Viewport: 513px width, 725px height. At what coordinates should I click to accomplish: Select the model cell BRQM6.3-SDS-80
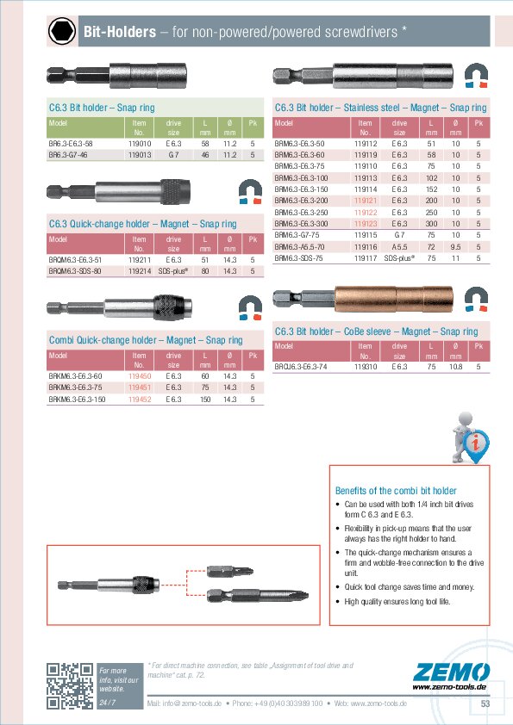[76, 270]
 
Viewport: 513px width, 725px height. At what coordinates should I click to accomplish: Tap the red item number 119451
[140, 387]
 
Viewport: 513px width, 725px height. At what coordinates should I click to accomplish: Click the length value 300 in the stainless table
[430, 223]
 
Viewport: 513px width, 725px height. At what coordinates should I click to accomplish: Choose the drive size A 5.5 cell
[399, 245]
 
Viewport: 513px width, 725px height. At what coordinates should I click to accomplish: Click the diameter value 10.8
[455, 366]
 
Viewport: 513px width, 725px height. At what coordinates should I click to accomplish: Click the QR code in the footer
[69, 685]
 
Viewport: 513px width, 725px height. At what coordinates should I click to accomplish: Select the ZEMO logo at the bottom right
[449, 673]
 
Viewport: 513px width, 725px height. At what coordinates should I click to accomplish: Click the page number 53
[485, 704]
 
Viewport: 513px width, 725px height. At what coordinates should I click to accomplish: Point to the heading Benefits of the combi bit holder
[395, 489]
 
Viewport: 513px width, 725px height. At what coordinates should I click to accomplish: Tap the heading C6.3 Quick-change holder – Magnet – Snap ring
[142, 224]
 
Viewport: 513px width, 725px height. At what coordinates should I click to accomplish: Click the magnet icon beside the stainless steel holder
[476, 77]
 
